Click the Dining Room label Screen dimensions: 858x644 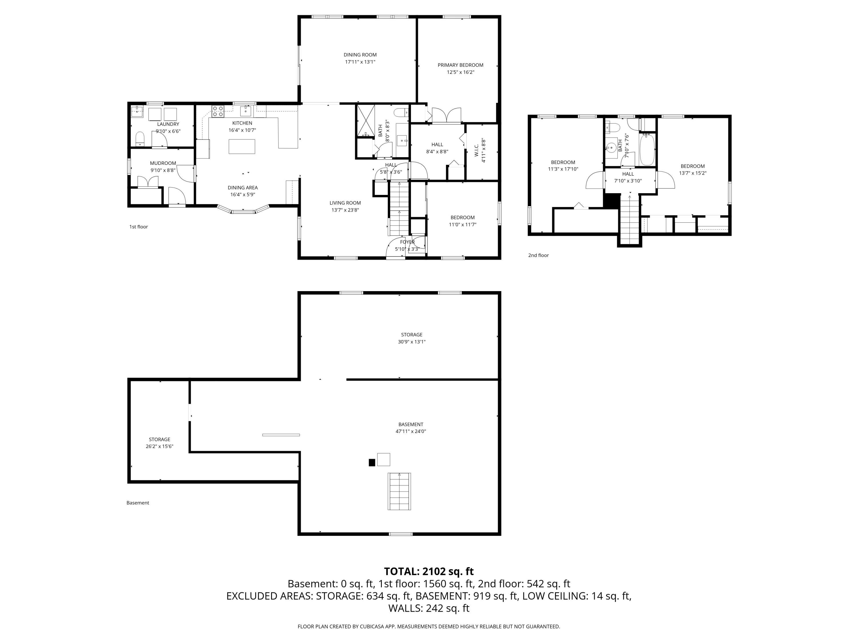point(360,55)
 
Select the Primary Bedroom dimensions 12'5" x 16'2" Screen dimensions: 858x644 point(460,72)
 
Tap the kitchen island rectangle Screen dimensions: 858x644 point(242,147)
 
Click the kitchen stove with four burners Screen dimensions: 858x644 point(218,111)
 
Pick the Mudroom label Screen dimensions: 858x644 point(163,163)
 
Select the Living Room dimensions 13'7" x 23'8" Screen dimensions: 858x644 point(345,210)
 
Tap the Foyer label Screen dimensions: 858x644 point(407,242)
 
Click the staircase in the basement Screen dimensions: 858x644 point(399,491)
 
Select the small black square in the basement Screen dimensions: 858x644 point(372,462)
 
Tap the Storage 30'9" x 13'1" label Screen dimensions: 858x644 point(412,338)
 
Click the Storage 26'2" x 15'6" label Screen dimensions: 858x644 point(159,443)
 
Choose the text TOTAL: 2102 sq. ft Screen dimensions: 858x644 point(429,571)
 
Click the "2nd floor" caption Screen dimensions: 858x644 point(538,255)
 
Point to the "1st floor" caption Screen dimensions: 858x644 point(138,227)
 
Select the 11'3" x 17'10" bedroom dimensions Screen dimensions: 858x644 point(563,169)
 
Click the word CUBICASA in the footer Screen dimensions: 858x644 point(373,626)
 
